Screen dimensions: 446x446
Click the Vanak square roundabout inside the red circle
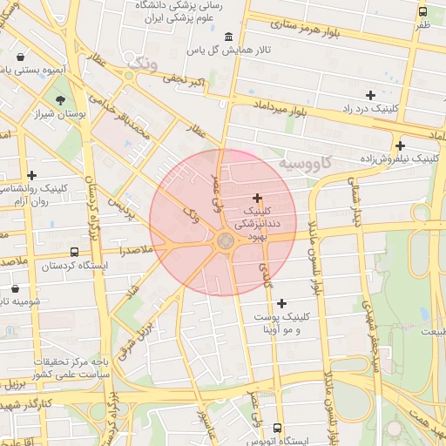coord(225,240)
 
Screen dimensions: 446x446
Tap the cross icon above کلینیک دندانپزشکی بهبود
coord(257,198)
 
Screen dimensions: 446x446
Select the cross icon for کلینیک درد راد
coord(370,95)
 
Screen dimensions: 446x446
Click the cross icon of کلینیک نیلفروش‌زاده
coord(400,145)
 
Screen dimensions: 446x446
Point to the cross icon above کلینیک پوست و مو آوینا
coord(280,303)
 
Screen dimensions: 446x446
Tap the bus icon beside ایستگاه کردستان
coord(74,252)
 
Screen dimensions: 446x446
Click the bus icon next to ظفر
coord(422,12)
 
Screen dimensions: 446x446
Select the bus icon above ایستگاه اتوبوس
coord(278,428)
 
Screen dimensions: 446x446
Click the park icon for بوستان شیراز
coord(60,101)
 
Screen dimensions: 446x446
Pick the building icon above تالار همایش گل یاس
coord(228,37)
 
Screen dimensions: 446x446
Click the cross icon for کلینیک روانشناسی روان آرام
coord(32,175)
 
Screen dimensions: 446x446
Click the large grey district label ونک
coord(144,64)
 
